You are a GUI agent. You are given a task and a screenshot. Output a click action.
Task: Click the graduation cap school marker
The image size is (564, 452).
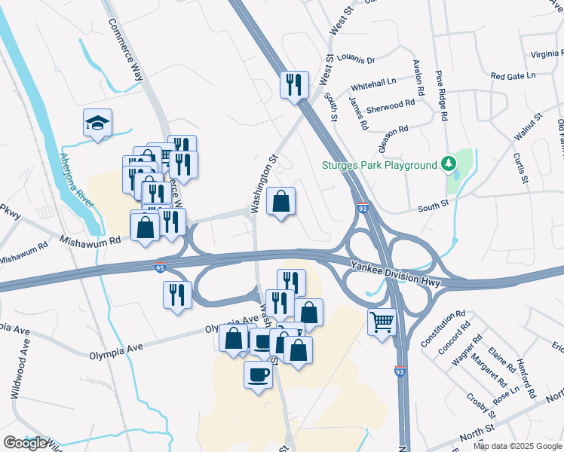97,123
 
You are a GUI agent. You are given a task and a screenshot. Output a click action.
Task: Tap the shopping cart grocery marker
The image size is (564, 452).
382,322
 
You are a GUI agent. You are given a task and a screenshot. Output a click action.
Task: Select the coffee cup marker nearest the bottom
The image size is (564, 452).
258,374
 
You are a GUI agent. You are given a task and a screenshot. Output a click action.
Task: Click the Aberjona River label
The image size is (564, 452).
75,181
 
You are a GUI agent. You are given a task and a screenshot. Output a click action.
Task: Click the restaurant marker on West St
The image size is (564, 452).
294,84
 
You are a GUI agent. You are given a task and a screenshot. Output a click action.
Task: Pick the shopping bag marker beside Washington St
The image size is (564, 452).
280,201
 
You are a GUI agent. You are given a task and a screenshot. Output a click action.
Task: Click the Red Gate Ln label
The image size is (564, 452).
512,76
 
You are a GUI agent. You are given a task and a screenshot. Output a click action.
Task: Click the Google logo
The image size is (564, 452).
25,443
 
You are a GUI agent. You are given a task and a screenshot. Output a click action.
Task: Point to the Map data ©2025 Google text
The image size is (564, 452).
517,446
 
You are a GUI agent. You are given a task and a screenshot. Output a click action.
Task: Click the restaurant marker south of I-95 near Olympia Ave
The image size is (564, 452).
176,294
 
